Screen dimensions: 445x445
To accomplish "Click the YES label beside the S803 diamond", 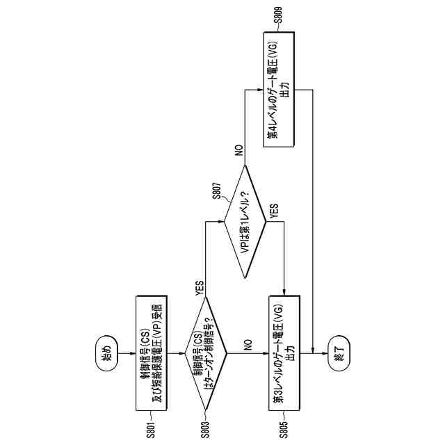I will pos(200,284).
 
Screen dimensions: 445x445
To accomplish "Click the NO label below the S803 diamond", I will pos(247,343).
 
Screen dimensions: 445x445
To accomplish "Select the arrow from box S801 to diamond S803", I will pos(175,353).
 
